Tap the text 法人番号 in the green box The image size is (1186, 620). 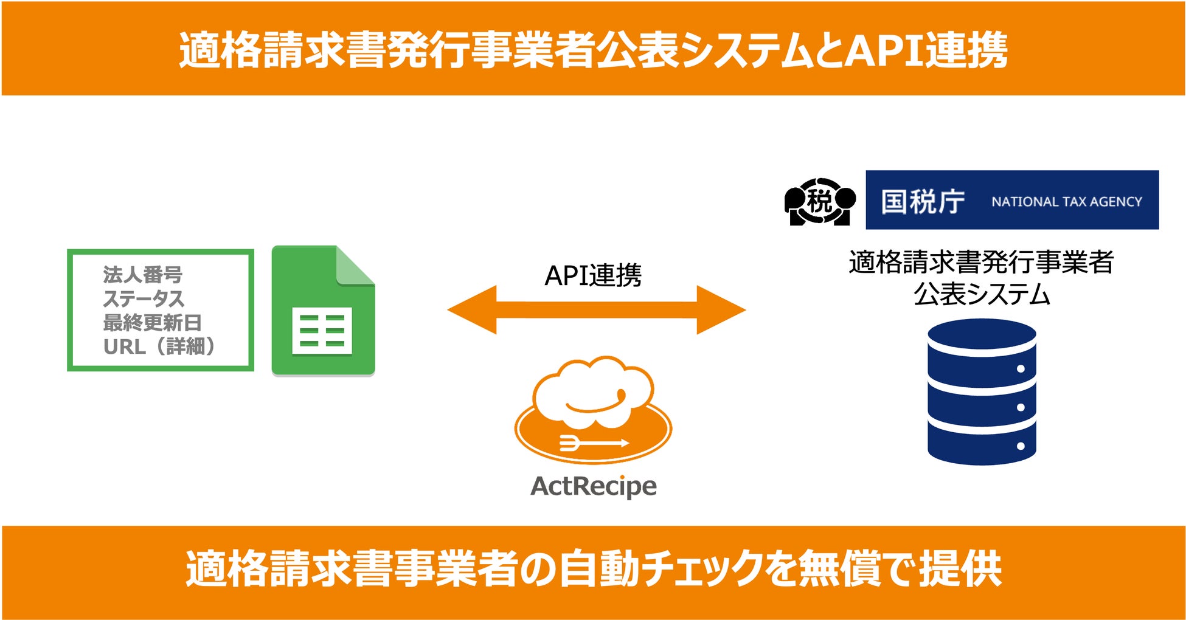(x=142, y=275)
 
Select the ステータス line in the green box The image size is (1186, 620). (x=144, y=298)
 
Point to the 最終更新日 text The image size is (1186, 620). (x=152, y=323)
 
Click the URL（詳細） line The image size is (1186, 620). (x=159, y=346)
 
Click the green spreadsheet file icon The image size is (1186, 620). (x=322, y=310)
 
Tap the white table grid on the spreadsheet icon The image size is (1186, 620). (x=322, y=331)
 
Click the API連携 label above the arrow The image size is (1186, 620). (x=593, y=275)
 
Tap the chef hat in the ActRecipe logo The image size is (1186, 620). (x=593, y=392)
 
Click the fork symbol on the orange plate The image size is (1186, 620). (x=572, y=443)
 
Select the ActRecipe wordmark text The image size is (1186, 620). (x=594, y=486)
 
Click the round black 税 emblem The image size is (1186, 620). (x=820, y=201)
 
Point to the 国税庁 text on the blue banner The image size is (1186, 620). (x=923, y=201)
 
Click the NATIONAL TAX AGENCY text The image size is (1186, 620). (x=1067, y=202)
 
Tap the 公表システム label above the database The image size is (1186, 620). (x=982, y=295)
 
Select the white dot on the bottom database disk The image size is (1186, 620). (x=1021, y=446)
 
